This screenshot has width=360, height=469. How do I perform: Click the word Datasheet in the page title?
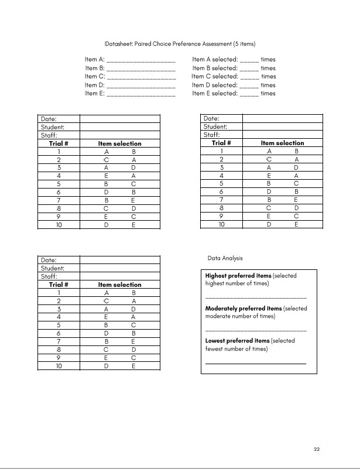click(119, 44)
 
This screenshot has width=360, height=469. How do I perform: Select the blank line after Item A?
click(141, 60)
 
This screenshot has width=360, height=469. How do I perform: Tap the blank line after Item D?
click(141, 85)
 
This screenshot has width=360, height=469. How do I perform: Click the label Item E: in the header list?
click(94, 93)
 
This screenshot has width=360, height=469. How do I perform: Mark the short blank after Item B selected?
click(249, 69)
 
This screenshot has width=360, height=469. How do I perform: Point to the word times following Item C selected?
click(268, 77)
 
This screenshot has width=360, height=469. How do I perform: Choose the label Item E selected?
click(215, 93)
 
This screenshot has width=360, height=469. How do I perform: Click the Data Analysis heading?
click(225, 258)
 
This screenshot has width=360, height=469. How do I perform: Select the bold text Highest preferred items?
click(238, 276)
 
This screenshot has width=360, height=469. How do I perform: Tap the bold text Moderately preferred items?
click(243, 309)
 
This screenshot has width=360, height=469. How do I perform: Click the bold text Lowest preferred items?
click(237, 341)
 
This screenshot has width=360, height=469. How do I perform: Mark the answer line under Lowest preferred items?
click(255, 364)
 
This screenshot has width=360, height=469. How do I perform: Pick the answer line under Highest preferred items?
click(255, 298)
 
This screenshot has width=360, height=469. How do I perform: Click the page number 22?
click(316, 449)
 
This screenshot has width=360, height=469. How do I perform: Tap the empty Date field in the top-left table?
click(119, 119)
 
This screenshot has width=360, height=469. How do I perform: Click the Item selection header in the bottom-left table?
click(119, 285)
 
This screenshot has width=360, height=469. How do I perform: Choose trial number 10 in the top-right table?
click(221, 224)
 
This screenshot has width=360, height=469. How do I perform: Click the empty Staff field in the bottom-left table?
click(119, 276)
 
